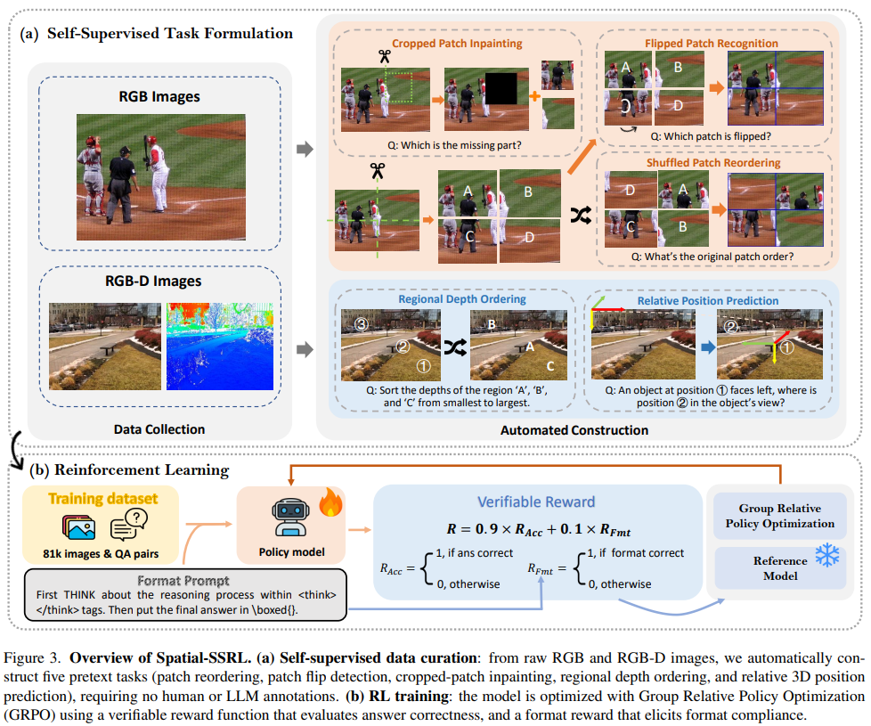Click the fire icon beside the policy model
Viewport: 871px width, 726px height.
point(330,502)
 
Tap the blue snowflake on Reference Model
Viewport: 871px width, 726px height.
point(827,555)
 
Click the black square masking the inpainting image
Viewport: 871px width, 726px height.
point(501,89)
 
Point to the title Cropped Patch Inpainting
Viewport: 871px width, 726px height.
point(457,44)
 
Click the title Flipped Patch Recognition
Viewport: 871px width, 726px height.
point(711,44)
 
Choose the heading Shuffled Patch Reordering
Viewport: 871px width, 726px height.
point(713,163)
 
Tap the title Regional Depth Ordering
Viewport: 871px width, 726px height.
point(462,298)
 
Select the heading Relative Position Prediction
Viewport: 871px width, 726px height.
point(708,300)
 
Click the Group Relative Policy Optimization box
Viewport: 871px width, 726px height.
point(780,516)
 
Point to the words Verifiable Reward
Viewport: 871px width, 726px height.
point(536,502)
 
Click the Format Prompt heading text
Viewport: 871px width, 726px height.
point(183,581)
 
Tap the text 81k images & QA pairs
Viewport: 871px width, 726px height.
point(101,554)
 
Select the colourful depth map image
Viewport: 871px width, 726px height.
point(220,346)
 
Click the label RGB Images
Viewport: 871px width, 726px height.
point(159,97)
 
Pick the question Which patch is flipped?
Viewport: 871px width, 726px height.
point(711,136)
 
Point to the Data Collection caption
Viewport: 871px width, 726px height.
point(159,429)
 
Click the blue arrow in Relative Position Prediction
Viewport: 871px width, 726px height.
point(708,347)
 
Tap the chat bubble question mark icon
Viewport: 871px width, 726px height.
point(129,525)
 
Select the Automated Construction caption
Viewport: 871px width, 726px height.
point(574,430)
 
